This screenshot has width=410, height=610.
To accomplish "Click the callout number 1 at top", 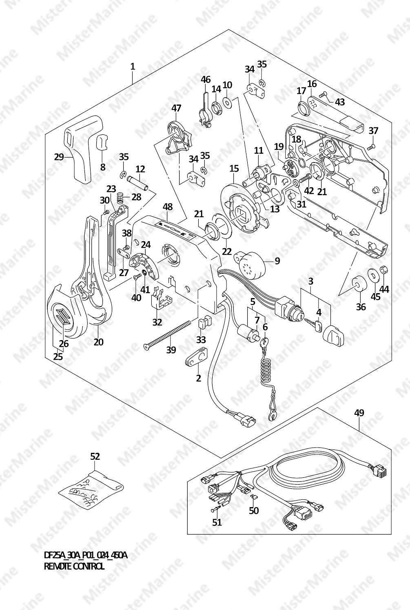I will pos(133,66).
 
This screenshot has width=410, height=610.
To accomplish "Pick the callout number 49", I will pos(359,413).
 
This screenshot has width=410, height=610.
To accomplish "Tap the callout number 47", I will pos(176,108).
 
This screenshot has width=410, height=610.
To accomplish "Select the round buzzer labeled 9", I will pos(249,262).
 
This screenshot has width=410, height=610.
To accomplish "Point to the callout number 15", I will pos(234,168).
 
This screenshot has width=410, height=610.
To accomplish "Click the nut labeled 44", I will pos(383,270).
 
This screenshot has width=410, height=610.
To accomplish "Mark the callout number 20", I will pos(98,342).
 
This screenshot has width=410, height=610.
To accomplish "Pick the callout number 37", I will pos(373,131).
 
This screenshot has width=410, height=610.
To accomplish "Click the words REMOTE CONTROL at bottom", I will pos(74,566).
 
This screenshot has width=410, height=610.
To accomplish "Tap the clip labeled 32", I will pos(160,300).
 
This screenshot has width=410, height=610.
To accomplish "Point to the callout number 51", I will pos(217,522).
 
